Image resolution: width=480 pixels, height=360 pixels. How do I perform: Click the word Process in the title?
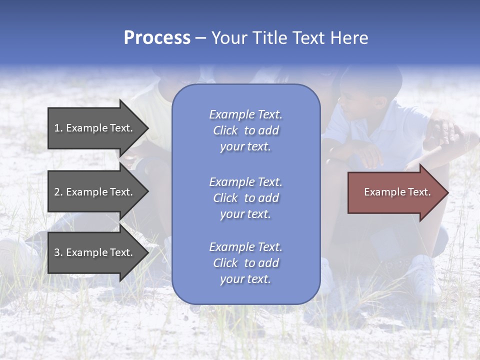[x=157, y=38]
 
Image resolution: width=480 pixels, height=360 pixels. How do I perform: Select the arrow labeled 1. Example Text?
[x=95, y=128]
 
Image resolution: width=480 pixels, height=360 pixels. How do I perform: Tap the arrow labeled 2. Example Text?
[x=95, y=192]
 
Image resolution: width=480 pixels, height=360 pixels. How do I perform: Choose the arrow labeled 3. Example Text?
[x=95, y=252]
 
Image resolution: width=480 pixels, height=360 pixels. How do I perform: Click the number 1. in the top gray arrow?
[x=58, y=128]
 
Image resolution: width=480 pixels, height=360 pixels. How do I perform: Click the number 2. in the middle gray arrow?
[x=58, y=192]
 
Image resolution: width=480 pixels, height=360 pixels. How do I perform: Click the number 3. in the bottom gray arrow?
[x=58, y=252]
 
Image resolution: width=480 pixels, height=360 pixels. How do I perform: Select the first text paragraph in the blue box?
[x=245, y=130]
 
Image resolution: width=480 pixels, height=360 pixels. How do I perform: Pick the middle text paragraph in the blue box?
[x=245, y=198]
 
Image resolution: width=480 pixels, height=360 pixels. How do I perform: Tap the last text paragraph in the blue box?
[x=245, y=263]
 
